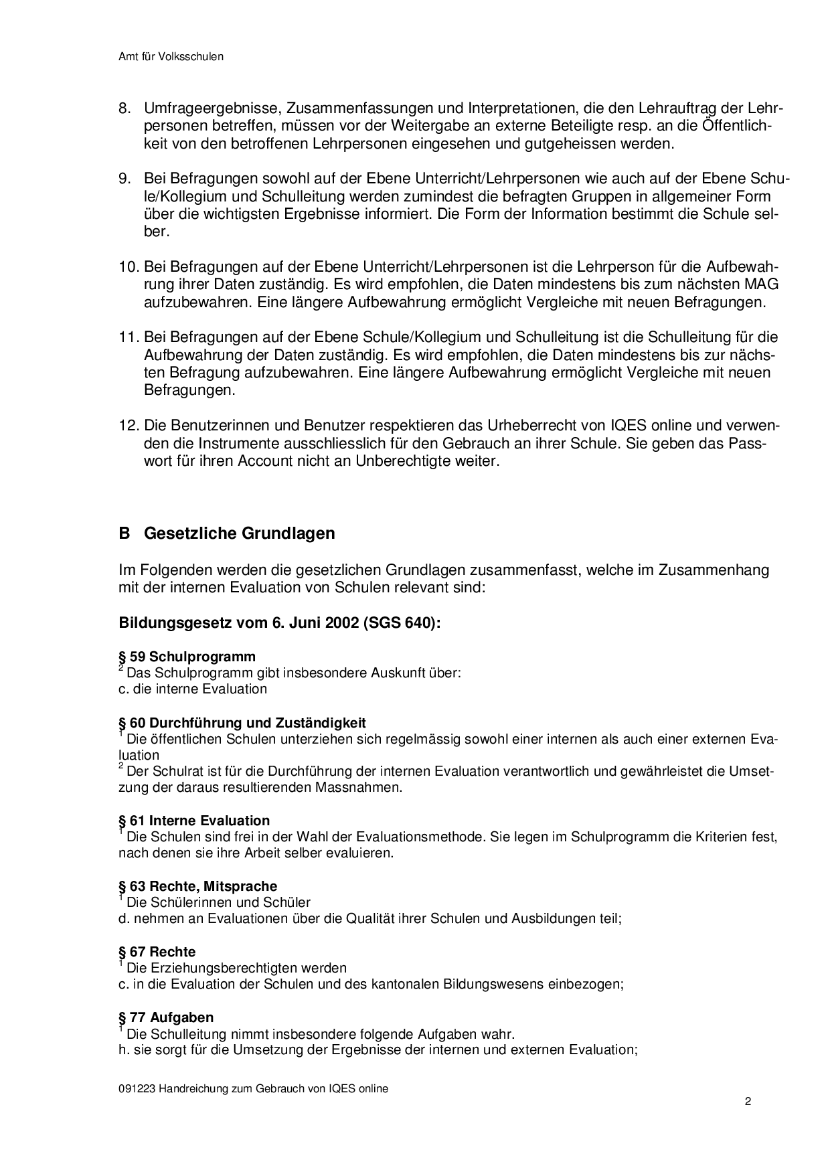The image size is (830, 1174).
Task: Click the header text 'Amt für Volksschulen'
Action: [x=171, y=57]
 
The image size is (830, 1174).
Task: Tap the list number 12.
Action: [x=128, y=426]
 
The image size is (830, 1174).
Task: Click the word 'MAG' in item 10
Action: [x=763, y=284]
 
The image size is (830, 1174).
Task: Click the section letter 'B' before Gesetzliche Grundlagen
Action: [x=123, y=533]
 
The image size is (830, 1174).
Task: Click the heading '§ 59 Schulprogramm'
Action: [x=187, y=657]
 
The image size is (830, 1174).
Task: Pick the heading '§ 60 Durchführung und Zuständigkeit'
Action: [x=242, y=723]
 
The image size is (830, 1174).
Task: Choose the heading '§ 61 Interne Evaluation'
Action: [x=194, y=821]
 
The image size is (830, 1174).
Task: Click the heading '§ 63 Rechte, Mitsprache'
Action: [x=197, y=886]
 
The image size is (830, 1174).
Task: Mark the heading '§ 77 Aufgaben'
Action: [x=166, y=1017]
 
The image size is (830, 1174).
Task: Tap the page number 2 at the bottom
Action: [x=748, y=1102]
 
